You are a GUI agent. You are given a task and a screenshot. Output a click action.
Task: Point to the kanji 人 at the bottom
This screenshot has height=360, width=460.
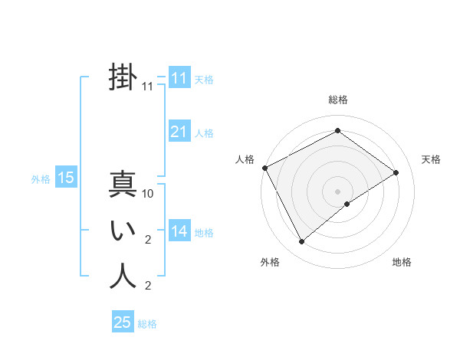(123, 276)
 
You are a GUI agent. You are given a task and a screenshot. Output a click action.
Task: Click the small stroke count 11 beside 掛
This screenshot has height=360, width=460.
(148, 87)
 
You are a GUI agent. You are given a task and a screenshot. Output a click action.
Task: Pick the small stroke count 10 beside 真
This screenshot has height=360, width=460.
(148, 195)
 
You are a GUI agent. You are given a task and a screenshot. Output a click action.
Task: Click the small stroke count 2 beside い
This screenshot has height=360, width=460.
(148, 241)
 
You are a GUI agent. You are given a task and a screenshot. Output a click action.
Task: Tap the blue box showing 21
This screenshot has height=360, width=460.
(179, 132)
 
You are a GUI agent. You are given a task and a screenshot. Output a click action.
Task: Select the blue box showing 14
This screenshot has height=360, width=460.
(179, 231)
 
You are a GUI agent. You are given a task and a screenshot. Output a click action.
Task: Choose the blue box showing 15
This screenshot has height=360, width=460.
(66, 178)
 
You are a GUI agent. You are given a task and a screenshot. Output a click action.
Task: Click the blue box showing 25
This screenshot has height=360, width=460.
(123, 322)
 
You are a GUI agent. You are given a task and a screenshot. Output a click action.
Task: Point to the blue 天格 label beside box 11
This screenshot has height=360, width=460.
(204, 79)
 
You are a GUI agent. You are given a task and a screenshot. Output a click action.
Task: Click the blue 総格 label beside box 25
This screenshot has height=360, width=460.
(147, 324)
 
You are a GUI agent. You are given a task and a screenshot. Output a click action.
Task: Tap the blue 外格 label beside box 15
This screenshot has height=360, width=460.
(41, 179)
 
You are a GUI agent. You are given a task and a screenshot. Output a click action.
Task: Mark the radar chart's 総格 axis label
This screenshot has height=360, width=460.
(338, 100)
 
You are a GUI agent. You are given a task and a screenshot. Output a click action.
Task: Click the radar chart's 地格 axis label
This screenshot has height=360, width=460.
(402, 262)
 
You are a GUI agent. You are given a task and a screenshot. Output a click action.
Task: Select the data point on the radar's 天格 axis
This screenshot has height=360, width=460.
(396, 172)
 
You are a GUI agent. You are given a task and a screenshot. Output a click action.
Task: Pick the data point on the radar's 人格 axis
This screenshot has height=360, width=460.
(264, 168)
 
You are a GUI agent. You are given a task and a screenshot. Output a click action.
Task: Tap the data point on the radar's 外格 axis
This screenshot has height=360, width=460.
(302, 242)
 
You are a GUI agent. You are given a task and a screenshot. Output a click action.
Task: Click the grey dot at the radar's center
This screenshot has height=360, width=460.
(338, 190)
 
